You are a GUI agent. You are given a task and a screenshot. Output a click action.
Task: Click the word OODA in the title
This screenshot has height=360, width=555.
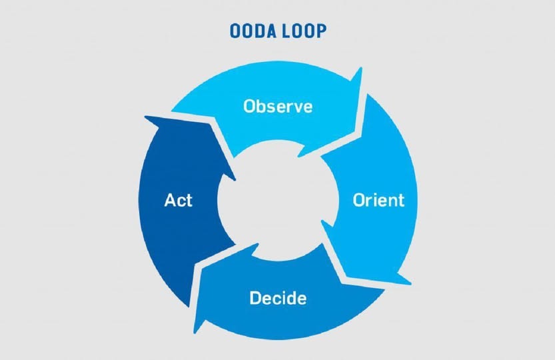point(253,31)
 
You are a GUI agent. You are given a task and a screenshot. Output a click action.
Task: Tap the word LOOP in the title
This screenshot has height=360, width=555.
point(304,31)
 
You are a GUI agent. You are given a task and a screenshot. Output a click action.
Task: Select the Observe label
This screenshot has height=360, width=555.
point(278,106)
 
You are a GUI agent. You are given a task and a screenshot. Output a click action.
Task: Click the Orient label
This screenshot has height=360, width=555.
point(378,200)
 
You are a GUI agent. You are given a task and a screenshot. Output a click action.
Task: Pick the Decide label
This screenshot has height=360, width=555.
point(278,298)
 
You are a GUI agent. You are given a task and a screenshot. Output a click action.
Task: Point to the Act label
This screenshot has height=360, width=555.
point(178,200)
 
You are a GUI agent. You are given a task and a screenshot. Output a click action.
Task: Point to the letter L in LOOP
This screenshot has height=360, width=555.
point(286,31)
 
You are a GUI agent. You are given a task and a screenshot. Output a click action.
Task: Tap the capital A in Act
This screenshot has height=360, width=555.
point(171,200)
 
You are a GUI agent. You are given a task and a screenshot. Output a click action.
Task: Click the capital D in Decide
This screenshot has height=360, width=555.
point(256,297)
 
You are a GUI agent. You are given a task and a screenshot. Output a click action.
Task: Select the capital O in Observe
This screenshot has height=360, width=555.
point(250,106)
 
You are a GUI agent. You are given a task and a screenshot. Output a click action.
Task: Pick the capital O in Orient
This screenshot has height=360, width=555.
point(359,200)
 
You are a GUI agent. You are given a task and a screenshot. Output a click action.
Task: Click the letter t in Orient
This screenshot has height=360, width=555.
point(400,201)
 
